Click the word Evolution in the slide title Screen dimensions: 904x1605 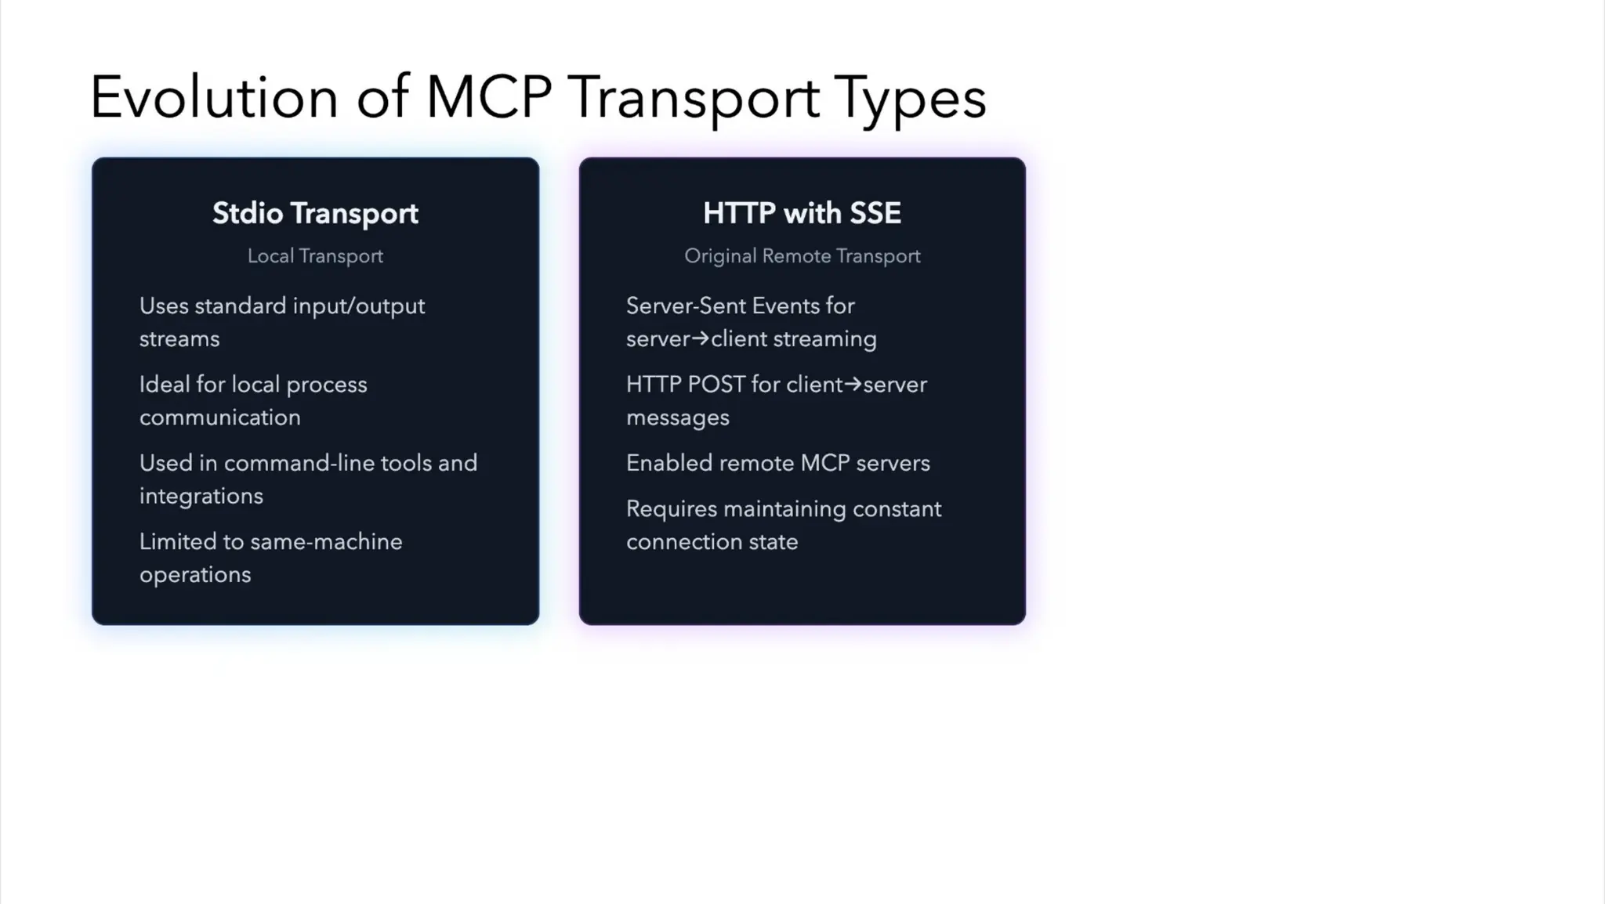214,97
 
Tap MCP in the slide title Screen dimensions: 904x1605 488,97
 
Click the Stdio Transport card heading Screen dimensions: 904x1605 315,213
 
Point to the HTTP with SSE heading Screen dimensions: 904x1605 802,213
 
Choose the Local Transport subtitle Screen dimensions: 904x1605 315,256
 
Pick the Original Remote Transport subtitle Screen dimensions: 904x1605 802,256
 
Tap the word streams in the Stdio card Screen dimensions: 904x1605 179,339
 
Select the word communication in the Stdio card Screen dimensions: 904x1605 220,418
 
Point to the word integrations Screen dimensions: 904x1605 201,496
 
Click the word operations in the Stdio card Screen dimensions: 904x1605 195,575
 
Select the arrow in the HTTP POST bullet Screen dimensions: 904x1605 853,384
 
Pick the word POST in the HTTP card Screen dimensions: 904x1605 716,385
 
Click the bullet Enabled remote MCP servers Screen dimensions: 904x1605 777,463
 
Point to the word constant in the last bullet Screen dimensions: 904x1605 897,509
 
